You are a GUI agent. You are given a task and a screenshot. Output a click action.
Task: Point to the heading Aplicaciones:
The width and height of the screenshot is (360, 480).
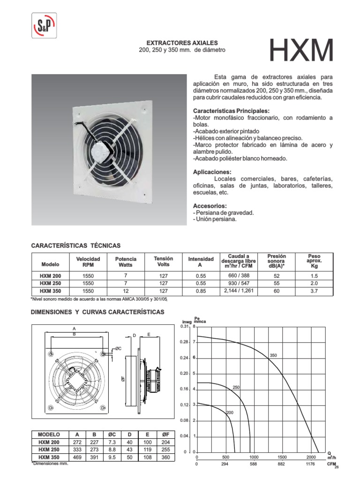click(x=212, y=172)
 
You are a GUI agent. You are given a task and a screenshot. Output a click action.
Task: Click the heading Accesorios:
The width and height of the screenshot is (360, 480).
click(x=210, y=206)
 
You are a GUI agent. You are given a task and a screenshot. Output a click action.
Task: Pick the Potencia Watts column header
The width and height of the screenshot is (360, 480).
click(x=126, y=262)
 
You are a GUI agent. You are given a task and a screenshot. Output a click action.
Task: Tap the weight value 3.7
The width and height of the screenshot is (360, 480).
click(x=314, y=291)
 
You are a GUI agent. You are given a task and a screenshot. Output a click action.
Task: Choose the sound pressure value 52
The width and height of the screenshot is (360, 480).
click(x=276, y=276)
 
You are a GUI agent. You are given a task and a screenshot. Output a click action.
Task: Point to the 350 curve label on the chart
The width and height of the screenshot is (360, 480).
click(x=274, y=356)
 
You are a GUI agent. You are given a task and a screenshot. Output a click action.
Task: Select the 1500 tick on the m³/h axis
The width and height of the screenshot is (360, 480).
click(x=283, y=457)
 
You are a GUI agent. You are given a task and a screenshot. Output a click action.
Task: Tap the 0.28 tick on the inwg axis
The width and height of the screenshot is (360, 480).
click(x=184, y=342)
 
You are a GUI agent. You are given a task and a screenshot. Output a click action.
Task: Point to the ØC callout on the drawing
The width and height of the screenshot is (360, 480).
click(x=119, y=348)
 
